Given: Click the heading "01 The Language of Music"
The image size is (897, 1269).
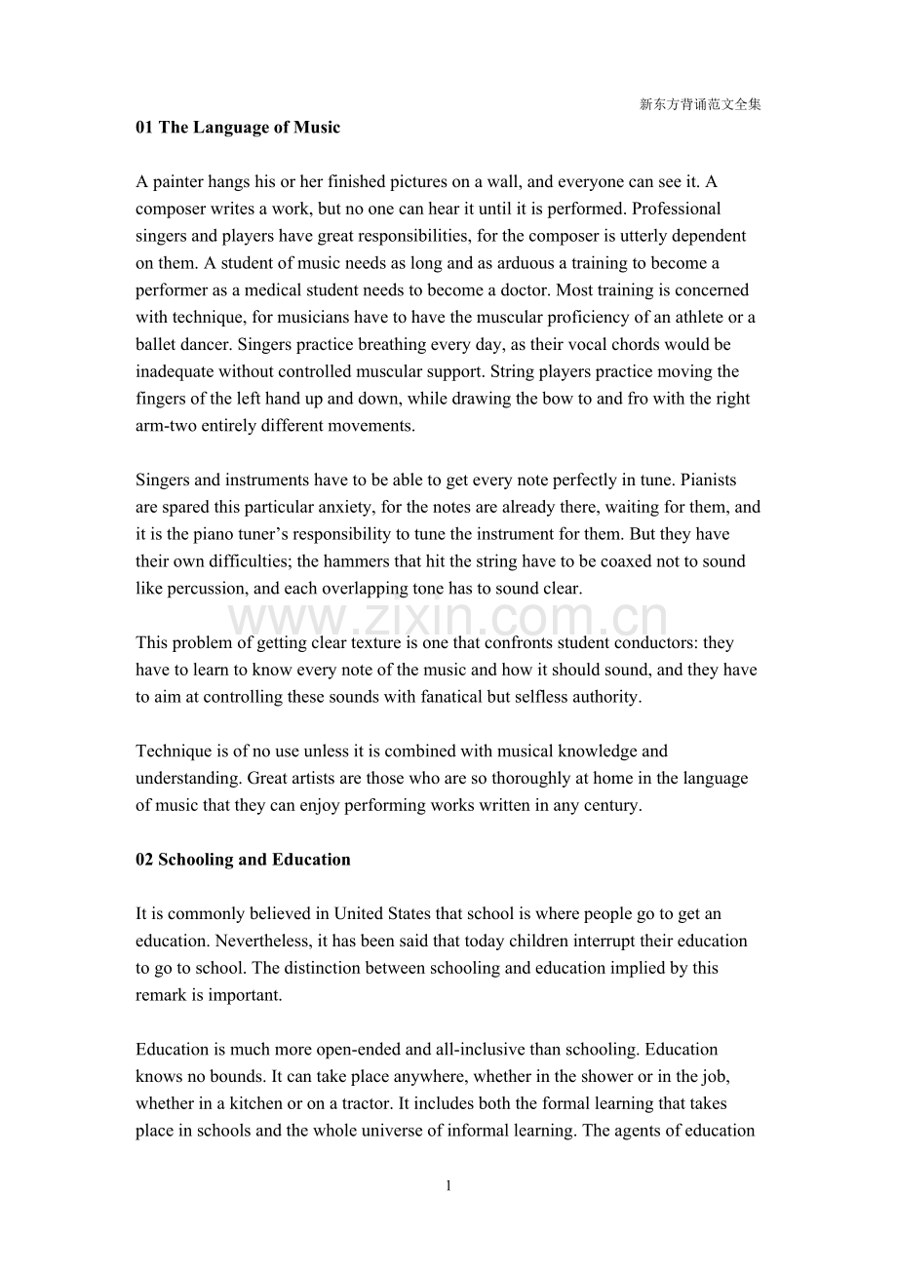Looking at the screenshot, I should click(238, 127).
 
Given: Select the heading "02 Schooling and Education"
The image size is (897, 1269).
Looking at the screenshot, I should click(243, 860).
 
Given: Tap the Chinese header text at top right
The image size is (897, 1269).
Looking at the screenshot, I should click(700, 104).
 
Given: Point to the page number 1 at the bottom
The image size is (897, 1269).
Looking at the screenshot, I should click(448, 1186).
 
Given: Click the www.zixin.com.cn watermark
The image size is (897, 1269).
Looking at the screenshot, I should click(448, 618).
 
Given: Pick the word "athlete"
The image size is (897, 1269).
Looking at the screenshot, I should click(691, 318).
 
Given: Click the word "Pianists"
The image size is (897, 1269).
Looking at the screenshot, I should click(708, 481).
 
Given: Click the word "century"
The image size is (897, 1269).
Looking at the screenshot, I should click(611, 806).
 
